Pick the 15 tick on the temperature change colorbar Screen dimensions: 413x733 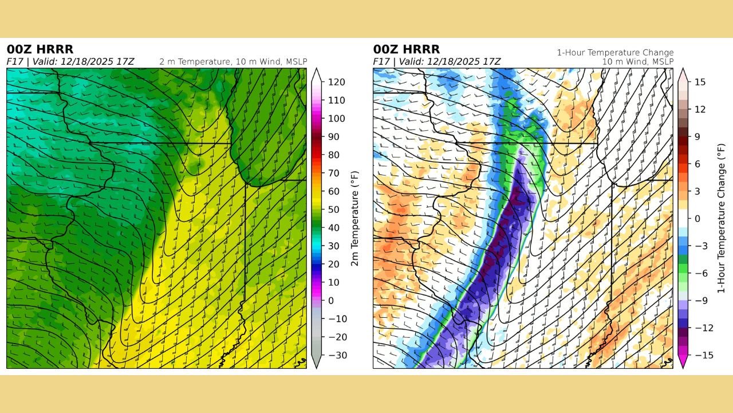(x=699, y=82)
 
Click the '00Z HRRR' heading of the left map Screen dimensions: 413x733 (x=40, y=49)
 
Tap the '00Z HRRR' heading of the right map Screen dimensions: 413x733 (x=407, y=49)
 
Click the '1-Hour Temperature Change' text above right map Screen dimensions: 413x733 (x=615, y=53)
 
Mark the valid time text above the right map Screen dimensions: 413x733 (x=437, y=61)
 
